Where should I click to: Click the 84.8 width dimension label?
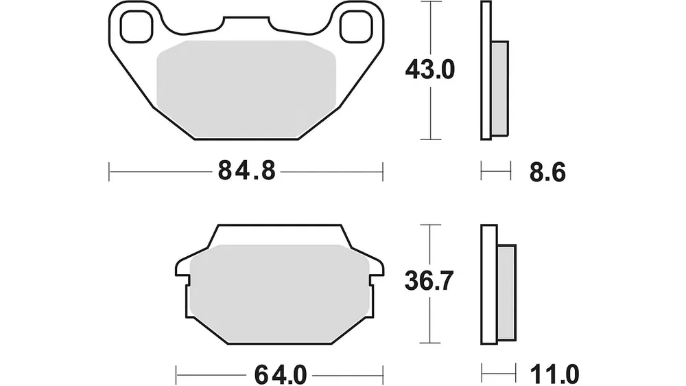pyautogui.click(x=247, y=170)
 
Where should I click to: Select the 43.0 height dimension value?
pyautogui.click(x=430, y=69)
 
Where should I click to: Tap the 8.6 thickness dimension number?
pyautogui.click(x=547, y=172)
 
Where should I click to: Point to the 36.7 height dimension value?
pyautogui.click(x=429, y=281)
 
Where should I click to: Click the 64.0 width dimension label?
pyautogui.click(x=281, y=375)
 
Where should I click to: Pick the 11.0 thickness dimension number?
pyautogui.click(x=554, y=375)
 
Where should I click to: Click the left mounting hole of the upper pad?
pyautogui.click(x=137, y=27)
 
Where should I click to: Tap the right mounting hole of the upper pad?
pyautogui.click(x=355, y=27)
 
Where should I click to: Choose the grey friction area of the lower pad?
pyautogui.click(x=280, y=293)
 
